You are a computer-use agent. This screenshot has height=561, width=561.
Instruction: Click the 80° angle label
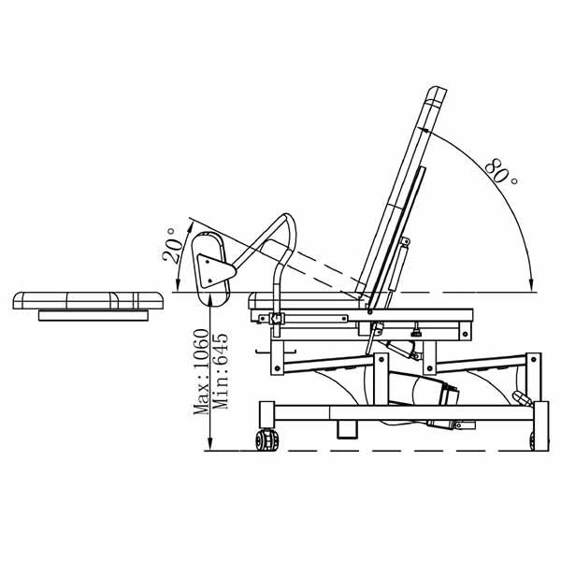(x=501, y=171)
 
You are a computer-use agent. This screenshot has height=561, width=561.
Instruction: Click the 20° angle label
(x=172, y=246)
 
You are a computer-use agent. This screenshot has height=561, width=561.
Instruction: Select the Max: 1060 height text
(x=201, y=372)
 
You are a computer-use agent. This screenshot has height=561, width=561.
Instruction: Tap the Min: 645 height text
(x=220, y=371)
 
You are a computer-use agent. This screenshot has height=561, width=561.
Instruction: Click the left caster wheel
(x=266, y=439)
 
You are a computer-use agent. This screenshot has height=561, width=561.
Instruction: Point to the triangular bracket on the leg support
(x=215, y=271)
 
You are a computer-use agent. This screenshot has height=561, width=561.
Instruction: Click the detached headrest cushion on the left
(x=88, y=300)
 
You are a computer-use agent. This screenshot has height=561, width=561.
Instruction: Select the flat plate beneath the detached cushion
(x=93, y=316)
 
